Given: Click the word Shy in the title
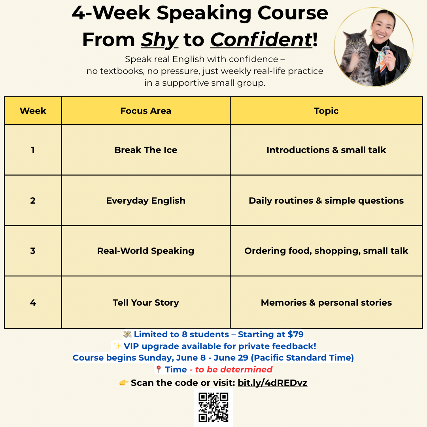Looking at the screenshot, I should pyautogui.click(x=160, y=40).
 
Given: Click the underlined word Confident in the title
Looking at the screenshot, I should pyautogui.click(x=261, y=40).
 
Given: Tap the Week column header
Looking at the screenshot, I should pyautogui.click(x=33, y=111).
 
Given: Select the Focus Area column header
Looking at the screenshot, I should pyautogui.click(x=145, y=111).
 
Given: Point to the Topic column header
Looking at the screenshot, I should pyautogui.click(x=326, y=111).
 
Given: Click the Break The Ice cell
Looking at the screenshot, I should pyautogui.click(x=145, y=150).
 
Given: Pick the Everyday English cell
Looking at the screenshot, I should pyautogui.click(x=145, y=200).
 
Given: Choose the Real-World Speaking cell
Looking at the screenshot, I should pyautogui.click(x=145, y=251).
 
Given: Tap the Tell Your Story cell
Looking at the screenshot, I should pyautogui.click(x=145, y=302).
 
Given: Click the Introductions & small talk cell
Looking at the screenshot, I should pyautogui.click(x=326, y=150).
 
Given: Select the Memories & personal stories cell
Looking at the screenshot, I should pyautogui.click(x=326, y=302).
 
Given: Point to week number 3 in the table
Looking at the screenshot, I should pyautogui.click(x=33, y=251).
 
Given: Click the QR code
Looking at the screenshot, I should pyautogui.click(x=213, y=407).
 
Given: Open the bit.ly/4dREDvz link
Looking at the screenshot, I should pyautogui.click(x=272, y=383).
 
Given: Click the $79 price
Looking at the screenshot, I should pyautogui.click(x=295, y=334).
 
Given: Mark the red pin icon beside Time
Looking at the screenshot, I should pyautogui.click(x=159, y=370).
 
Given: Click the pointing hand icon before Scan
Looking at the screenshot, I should pyautogui.click(x=124, y=383).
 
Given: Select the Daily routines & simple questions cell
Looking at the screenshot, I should pyautogui.click(x=326, y=200).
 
